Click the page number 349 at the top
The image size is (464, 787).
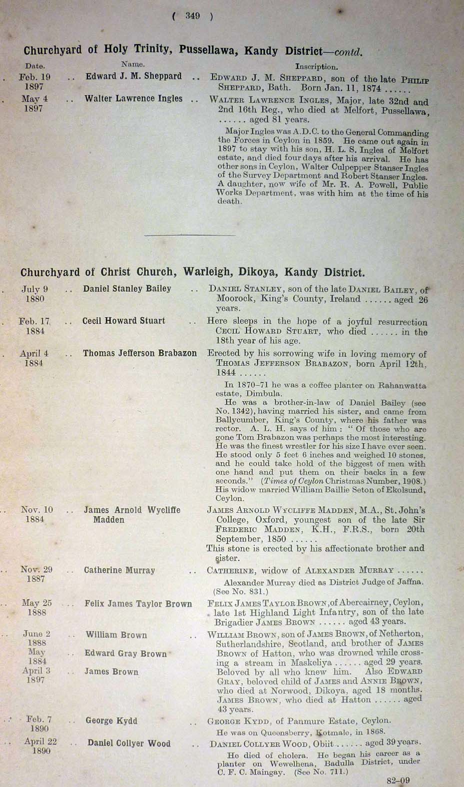tap(192, 16)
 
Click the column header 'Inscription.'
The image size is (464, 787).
tap(316, 66)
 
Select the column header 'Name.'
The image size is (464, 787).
tap(133, 64)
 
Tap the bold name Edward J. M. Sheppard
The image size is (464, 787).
tap(133, 76)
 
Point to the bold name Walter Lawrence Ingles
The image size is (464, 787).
tap(133, 98)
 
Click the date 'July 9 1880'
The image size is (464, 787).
tap(34, 294)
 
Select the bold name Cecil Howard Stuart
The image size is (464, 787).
tap(123, 321)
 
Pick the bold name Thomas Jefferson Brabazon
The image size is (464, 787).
tap(140, 353)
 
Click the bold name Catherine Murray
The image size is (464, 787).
tap(119, 570)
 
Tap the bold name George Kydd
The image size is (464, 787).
tap(111, 721)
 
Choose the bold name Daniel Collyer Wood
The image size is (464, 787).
tap(129, 743)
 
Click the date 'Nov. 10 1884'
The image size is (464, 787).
tap(36, 514)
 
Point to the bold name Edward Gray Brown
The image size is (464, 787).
tap(125, 654)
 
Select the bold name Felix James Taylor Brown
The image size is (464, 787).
tap(138, 604)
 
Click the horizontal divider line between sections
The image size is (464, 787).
tap(189, 235)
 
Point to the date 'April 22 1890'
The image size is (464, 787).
tap(40, 746)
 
